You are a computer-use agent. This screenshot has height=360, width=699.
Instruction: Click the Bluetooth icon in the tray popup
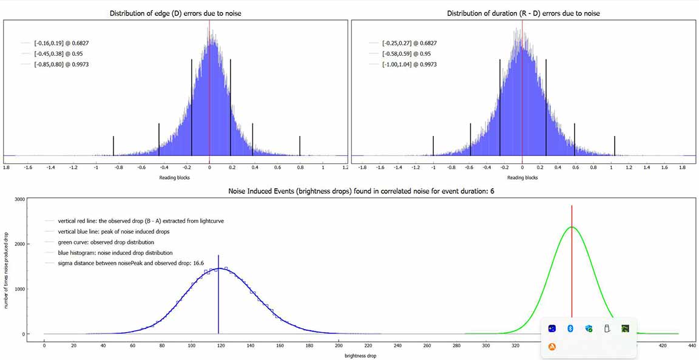(570, 328)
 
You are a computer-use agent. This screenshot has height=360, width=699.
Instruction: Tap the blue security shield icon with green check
(589, 328)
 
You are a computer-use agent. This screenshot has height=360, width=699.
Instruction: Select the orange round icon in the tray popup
(552, 347)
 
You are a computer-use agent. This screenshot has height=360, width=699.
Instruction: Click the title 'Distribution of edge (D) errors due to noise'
(175, 13)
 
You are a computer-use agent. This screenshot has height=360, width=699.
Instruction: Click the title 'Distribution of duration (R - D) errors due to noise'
(522, 13)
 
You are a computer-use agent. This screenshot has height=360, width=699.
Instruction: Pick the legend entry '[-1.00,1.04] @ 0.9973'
(410, 64)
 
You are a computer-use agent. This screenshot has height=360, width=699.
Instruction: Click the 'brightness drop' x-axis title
(360, 356)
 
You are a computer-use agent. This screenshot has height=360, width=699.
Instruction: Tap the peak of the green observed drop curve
(572, 227)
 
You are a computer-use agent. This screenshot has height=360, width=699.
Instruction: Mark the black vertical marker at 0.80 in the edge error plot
(300, 146)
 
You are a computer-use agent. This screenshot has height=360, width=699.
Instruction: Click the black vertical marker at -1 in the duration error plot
(433, 146)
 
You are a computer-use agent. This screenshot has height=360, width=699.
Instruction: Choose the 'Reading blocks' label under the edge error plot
(175, 178)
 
